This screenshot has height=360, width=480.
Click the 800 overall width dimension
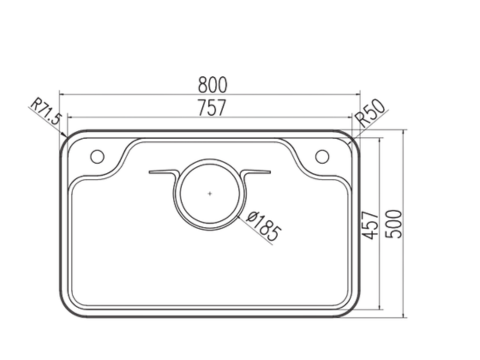[x=211, y=87]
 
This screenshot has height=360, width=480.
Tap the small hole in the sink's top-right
[x=323, y=155]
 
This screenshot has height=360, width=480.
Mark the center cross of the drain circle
[x=209, y=190]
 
